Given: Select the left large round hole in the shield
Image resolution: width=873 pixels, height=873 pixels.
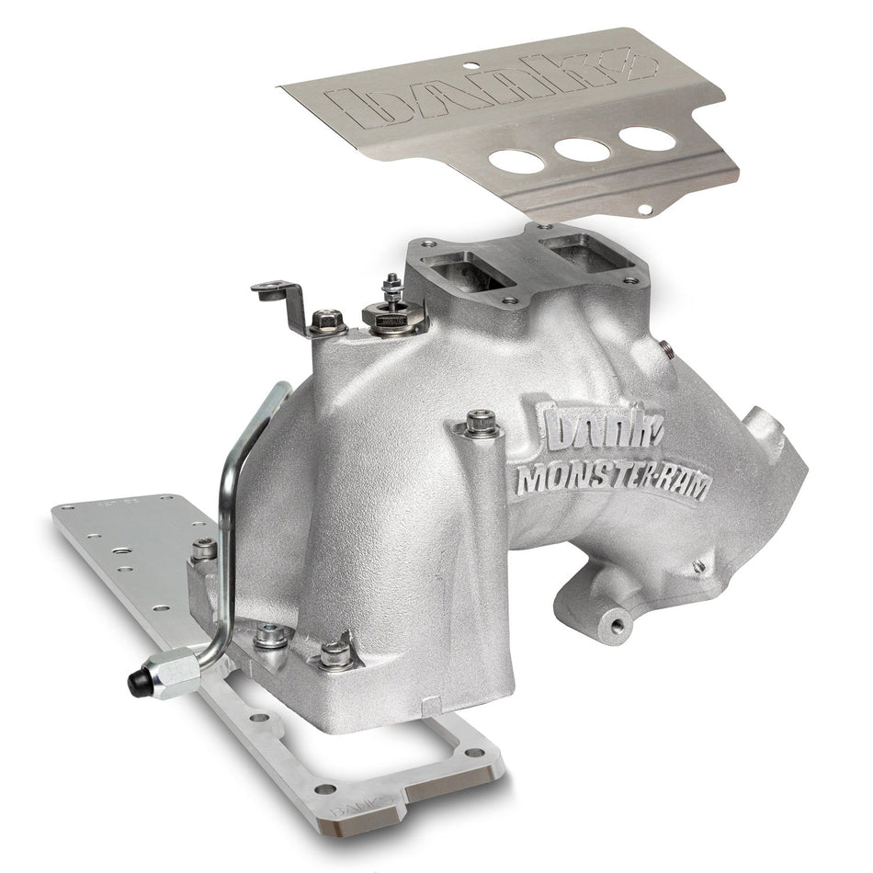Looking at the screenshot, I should pos(516,159).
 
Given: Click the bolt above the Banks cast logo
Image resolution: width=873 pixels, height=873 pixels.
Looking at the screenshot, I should pos(481,425).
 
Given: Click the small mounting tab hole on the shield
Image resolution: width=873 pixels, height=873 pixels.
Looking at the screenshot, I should pos(646,210).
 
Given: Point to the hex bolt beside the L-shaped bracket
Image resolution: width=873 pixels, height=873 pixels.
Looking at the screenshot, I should pos(327,322).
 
